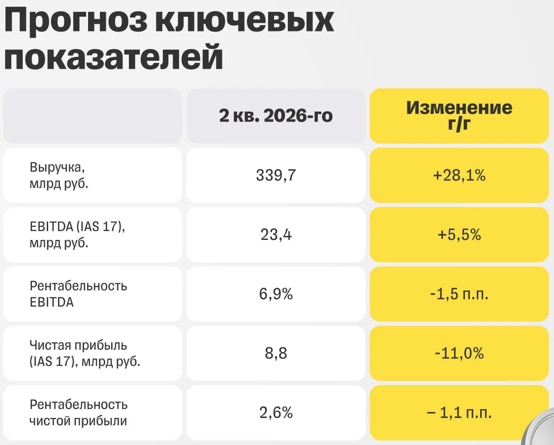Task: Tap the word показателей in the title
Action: click(x=114, y=57)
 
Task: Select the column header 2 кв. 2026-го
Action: click(x=276, y=116)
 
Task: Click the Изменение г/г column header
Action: click(x=459, y=116)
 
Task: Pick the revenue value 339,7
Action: click(x=276, y=175)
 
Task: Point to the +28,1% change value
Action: click(x=460, y=175)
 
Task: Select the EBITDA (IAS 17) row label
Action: click(x=77, y=235)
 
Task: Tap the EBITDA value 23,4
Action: click(x=276, y=235)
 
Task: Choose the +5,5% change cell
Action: click(x=460, y=235)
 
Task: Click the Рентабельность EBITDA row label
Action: click(x=78, y=294)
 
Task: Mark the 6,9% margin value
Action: click(x=276, y=294)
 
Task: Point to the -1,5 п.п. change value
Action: click(x=460, y=294)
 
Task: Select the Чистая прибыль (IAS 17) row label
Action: click(x=85, y=353)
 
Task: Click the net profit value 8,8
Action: click(x=276, y=353)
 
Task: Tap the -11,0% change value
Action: click(x=460, y=353)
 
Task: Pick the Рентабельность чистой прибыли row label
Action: click(x=78, y=413)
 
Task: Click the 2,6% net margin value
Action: click(x=276, y=413)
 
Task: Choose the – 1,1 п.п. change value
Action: click(x=460, y=413)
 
